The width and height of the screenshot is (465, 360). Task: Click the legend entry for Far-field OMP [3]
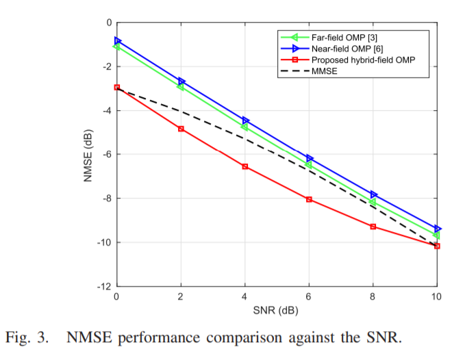[336, 37]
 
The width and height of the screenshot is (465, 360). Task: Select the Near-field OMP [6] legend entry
[338, 49]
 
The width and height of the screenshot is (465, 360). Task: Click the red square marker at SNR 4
[245, 166]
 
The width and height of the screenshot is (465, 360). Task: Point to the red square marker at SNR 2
[181, 129]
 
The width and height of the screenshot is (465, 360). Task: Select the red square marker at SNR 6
[309, 199]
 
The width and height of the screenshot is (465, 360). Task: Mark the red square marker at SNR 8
[373, 227]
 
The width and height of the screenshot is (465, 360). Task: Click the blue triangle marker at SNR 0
[117, 41]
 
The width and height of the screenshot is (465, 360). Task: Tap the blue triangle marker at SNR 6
[310, 158]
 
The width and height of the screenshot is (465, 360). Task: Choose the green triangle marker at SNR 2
[181, 87]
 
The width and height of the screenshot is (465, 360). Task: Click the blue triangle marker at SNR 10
[437, 229]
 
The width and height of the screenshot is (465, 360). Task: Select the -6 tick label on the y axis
[106, 155]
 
